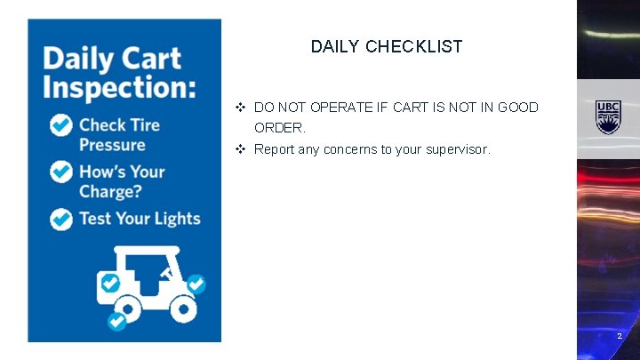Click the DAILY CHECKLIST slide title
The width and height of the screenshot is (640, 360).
coord(387,46)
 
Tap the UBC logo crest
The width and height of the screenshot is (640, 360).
coord(608,116)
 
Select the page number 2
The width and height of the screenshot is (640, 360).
coord(620,336)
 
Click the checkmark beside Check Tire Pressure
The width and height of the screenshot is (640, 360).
coord(61,125)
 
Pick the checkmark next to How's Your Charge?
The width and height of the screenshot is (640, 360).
coord(61,172)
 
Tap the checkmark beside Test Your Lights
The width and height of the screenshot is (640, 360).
coord(61,219)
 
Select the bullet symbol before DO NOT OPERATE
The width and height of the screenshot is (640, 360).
coord(241,107)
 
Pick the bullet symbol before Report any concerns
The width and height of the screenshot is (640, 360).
coord(241,149)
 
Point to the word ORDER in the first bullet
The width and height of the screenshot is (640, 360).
coord(277,128)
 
